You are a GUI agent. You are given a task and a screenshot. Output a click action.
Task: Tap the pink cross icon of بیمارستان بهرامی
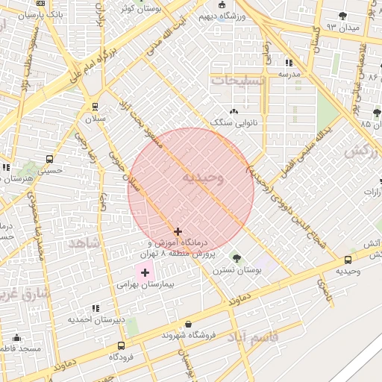coord(145,273)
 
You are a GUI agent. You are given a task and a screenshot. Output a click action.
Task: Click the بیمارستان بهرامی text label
coord(145,285)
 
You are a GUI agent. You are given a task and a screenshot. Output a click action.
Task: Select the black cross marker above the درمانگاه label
coord(178,232)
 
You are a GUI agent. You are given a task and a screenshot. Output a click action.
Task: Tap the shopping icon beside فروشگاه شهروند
coord(187,325)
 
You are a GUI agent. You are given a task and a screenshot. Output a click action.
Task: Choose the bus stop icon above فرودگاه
coord(121,345)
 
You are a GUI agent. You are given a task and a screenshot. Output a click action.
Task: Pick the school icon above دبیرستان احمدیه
coord(95,307)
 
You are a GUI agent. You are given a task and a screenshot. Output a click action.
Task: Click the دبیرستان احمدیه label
coord(93,319)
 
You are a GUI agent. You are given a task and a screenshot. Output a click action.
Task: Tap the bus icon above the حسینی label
coord(50,159)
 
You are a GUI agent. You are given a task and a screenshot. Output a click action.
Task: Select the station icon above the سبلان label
coord(94,107)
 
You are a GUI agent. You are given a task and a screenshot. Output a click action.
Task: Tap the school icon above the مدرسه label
coord(289,63)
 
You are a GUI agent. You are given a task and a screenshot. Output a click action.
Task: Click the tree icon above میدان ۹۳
coord(342,16)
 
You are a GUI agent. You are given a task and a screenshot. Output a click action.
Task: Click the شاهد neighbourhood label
coord(83,243)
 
